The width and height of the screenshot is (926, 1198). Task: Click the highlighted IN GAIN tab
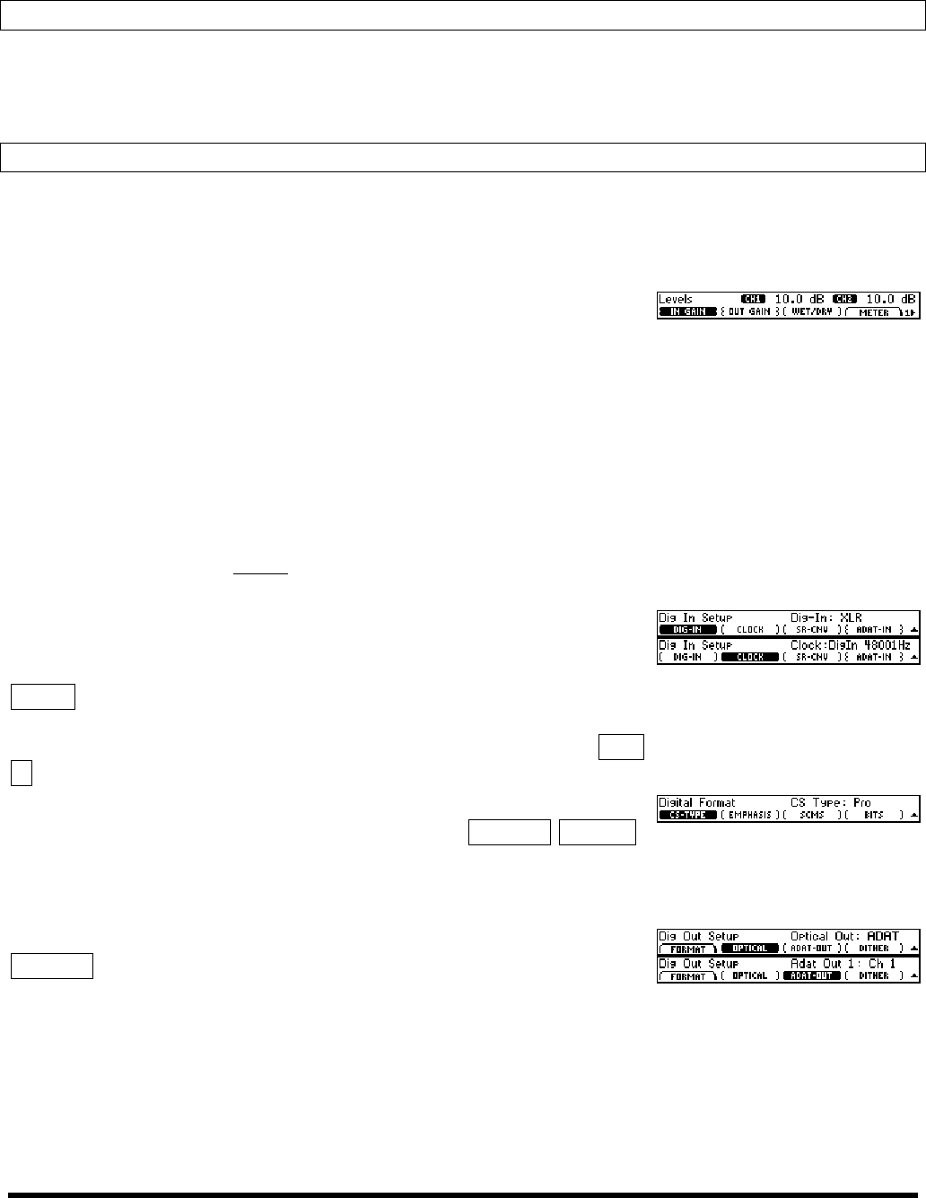[688, 312]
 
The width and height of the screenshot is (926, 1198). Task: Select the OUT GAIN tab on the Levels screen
[748, 312]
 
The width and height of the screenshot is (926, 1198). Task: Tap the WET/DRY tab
[811, 312]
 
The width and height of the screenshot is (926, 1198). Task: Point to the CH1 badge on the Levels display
[754, 299]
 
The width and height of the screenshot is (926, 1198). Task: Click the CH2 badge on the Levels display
[845, 299]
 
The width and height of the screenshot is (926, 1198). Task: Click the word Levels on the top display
[676, 299]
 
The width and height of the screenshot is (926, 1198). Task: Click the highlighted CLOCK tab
[749, 657]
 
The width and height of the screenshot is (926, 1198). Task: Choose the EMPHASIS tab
[749, 815]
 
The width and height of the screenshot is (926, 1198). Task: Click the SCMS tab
[812, 815]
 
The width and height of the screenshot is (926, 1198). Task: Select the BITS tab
[873, 815]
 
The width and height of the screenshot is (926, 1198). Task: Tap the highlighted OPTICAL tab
[749, 949]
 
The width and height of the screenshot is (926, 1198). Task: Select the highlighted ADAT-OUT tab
[812, 975]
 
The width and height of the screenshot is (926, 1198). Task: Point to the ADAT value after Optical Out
[883, 936]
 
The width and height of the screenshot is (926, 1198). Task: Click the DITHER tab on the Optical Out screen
[873, 949]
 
